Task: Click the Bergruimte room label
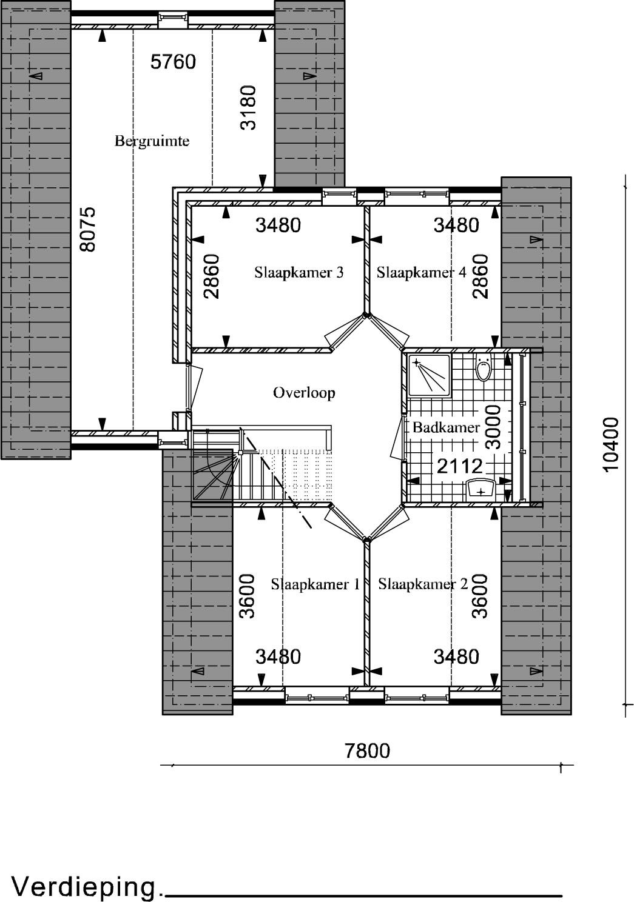(152, 141)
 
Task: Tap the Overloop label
(304, 393)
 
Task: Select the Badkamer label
(446, 427)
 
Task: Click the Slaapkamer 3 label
(298, 273)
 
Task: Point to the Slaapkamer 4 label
(421, 273)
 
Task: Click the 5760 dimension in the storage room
(174, 62)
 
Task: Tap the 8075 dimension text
(88, 230)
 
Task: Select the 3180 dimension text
(248, 107)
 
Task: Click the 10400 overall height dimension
(610, 444)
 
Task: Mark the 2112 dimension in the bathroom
(459, 467)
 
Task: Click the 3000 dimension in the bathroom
(493, 427)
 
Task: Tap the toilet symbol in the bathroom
(483, 367)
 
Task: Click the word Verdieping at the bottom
(84, 886)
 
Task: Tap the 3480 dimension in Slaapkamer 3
(278, 225)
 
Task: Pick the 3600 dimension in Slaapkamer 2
(480, 596)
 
